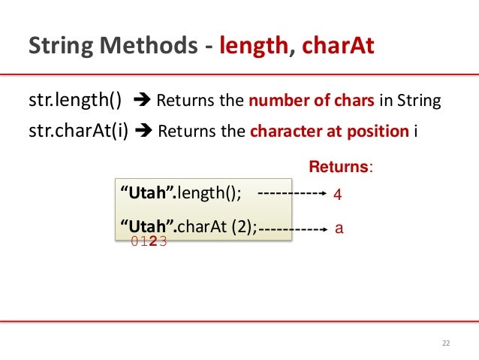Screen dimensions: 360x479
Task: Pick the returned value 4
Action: click(337, 195)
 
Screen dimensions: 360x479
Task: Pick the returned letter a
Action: click(339, 226)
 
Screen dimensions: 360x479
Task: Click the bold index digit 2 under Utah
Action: click(153, 241)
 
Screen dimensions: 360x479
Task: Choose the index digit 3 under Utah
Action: click(162, 241)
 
